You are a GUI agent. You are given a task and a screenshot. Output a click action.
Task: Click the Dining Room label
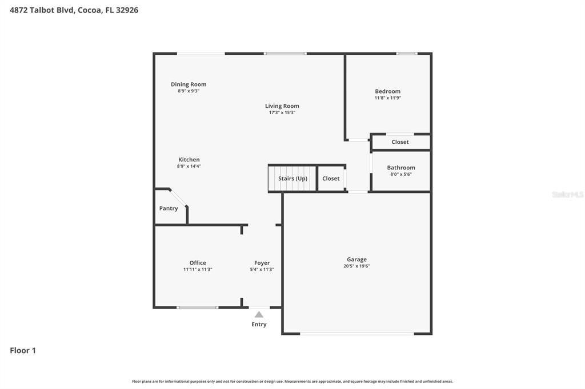point(189,84)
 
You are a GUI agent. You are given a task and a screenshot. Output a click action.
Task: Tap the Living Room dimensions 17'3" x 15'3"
point(282,112)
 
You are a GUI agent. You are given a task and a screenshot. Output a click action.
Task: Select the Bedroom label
point(388,91)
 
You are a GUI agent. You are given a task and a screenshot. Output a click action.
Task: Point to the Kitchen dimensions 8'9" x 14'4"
point(189,166)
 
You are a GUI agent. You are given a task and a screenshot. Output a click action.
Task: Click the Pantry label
point(169,208)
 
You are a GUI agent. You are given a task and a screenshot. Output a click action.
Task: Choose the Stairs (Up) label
point(293,179)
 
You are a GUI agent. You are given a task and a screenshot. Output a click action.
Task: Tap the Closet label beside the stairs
point(331,179)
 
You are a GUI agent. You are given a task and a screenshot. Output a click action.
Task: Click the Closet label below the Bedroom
point(400,142)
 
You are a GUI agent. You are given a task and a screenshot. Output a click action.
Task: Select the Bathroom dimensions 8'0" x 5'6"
point(401,174)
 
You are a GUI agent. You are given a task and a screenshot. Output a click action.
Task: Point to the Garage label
point(356,260)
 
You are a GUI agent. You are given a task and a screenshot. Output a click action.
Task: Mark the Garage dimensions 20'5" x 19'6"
point(356,266)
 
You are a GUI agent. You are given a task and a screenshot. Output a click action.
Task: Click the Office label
point(198,263)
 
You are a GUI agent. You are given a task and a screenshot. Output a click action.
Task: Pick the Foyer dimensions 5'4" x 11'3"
point(262,269)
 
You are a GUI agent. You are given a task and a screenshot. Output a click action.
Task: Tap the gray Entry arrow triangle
point(259,314)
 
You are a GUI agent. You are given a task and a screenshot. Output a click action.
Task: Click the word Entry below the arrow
point(259,324)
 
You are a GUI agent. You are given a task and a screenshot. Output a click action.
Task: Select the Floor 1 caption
point(23,350)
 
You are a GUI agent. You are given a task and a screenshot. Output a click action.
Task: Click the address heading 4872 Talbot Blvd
point(42,10)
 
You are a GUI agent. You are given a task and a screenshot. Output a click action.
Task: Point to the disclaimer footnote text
point(292,381)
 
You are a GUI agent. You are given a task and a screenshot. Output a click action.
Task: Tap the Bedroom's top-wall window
point(407,54)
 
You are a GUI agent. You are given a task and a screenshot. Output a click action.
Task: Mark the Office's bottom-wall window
point(197,307)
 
